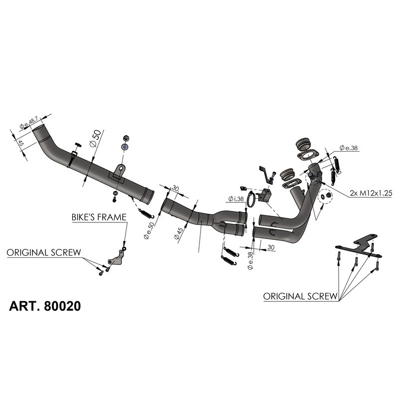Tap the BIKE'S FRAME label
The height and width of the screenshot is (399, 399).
tap(98, 217)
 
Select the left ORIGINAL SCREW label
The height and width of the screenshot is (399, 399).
tap(43, 252)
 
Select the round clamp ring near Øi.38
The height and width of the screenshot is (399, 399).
tap(253, 200)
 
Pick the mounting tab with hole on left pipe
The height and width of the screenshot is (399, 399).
tap(118, 171)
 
